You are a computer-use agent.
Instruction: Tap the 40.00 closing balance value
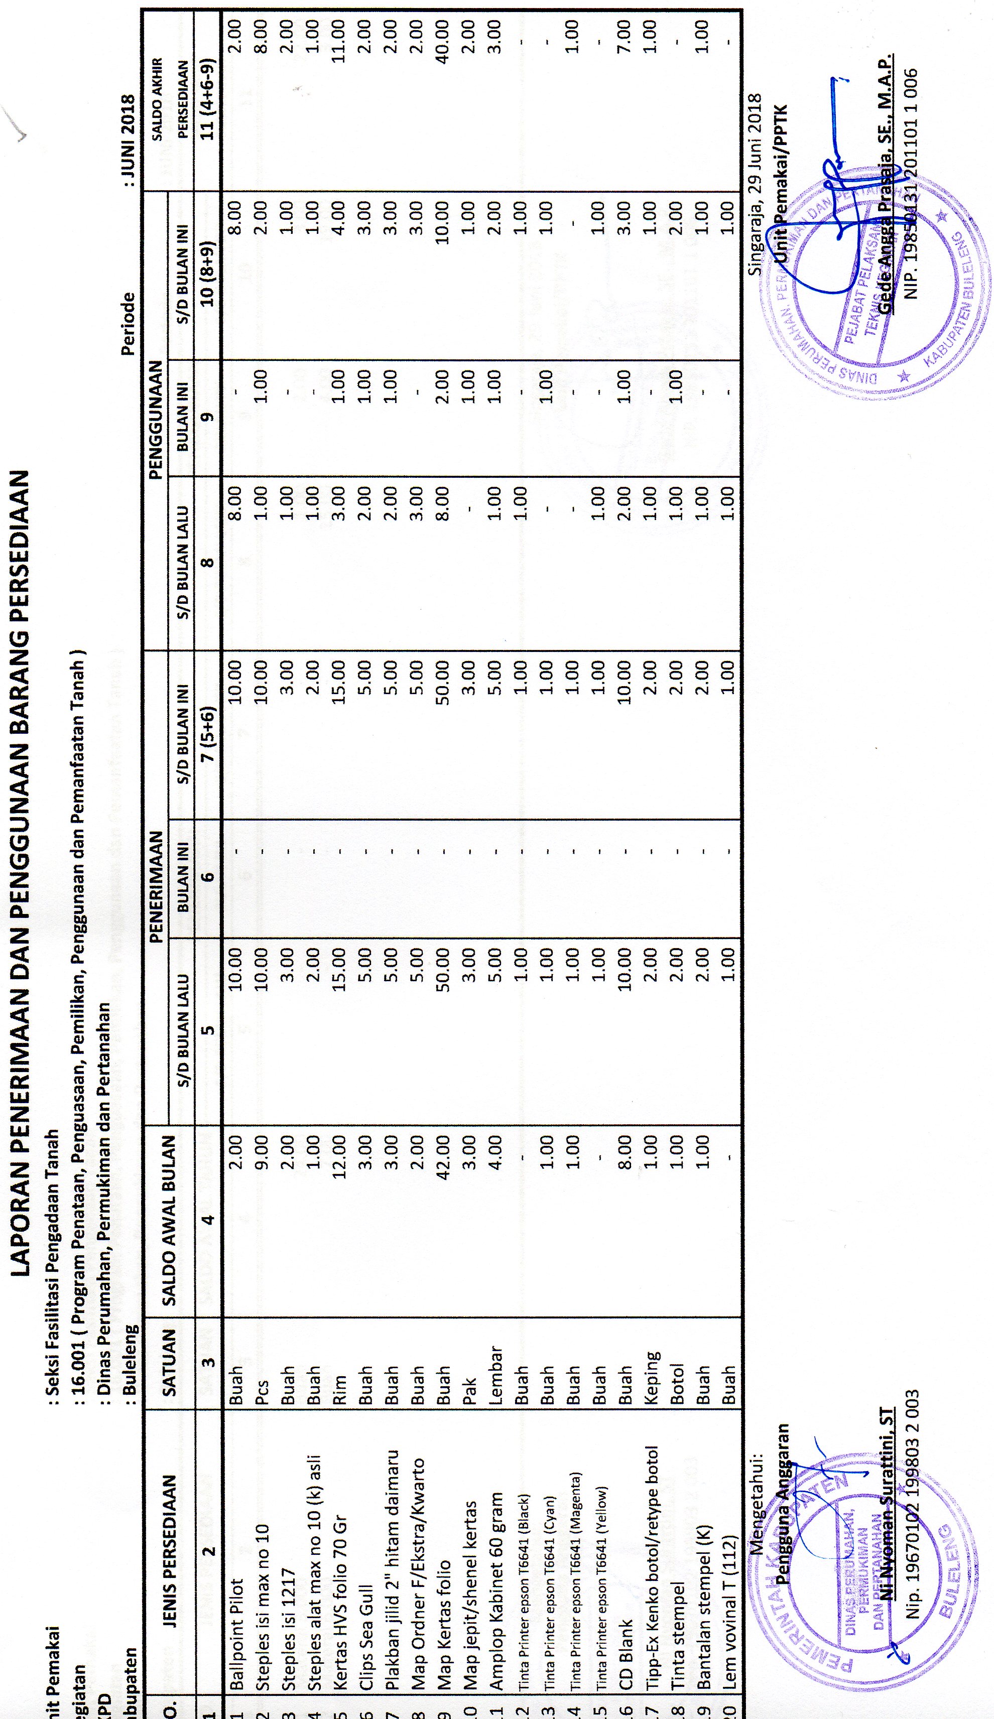coord(443,42)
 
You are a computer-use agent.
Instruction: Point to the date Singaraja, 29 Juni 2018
coord(755,184)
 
